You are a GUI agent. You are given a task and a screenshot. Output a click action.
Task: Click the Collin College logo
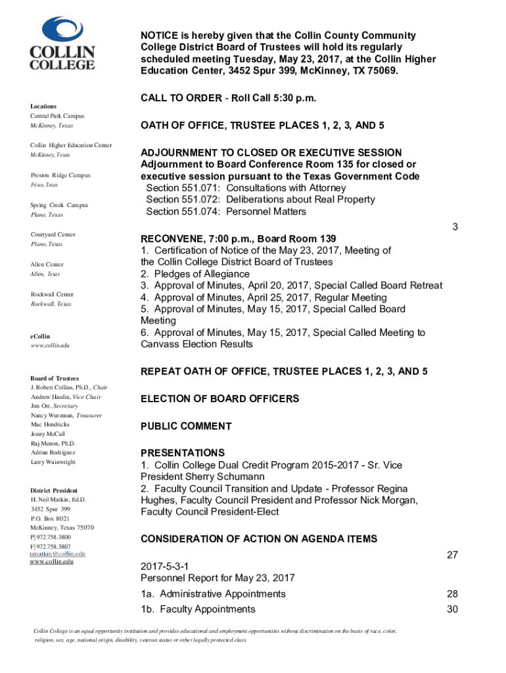click(x=62, y=44)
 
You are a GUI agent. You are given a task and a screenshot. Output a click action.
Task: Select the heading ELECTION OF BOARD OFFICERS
click(x=219, y=399)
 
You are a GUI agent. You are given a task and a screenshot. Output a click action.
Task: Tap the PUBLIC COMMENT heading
click(x=186, y=427)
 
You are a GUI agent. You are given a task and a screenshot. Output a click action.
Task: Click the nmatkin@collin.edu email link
click(x=58, y=554)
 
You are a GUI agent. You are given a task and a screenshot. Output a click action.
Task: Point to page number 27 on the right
click(x=452, y=555)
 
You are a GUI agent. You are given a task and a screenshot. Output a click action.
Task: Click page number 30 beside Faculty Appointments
click(x=452, y=609)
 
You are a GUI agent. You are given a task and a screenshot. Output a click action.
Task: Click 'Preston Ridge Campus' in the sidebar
click(x=60, y=175)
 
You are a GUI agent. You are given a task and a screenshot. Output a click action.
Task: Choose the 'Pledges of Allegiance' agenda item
click(x=195, y=274)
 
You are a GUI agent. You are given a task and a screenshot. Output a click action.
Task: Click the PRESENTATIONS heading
click(x=183, y=453)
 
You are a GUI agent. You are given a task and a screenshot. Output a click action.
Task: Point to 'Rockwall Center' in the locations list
click(x=52, y=294)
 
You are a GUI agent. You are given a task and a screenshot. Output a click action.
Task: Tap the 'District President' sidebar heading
click(x=54, y=490)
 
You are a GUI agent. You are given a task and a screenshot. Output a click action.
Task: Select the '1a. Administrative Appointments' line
click(x=213, y=594)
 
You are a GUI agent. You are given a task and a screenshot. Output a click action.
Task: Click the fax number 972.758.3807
click(x=53, y=546)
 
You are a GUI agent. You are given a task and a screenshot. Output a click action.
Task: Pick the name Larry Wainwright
click(x=53, y=462)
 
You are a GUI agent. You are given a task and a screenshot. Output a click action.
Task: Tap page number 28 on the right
click(x=452, y=594)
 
